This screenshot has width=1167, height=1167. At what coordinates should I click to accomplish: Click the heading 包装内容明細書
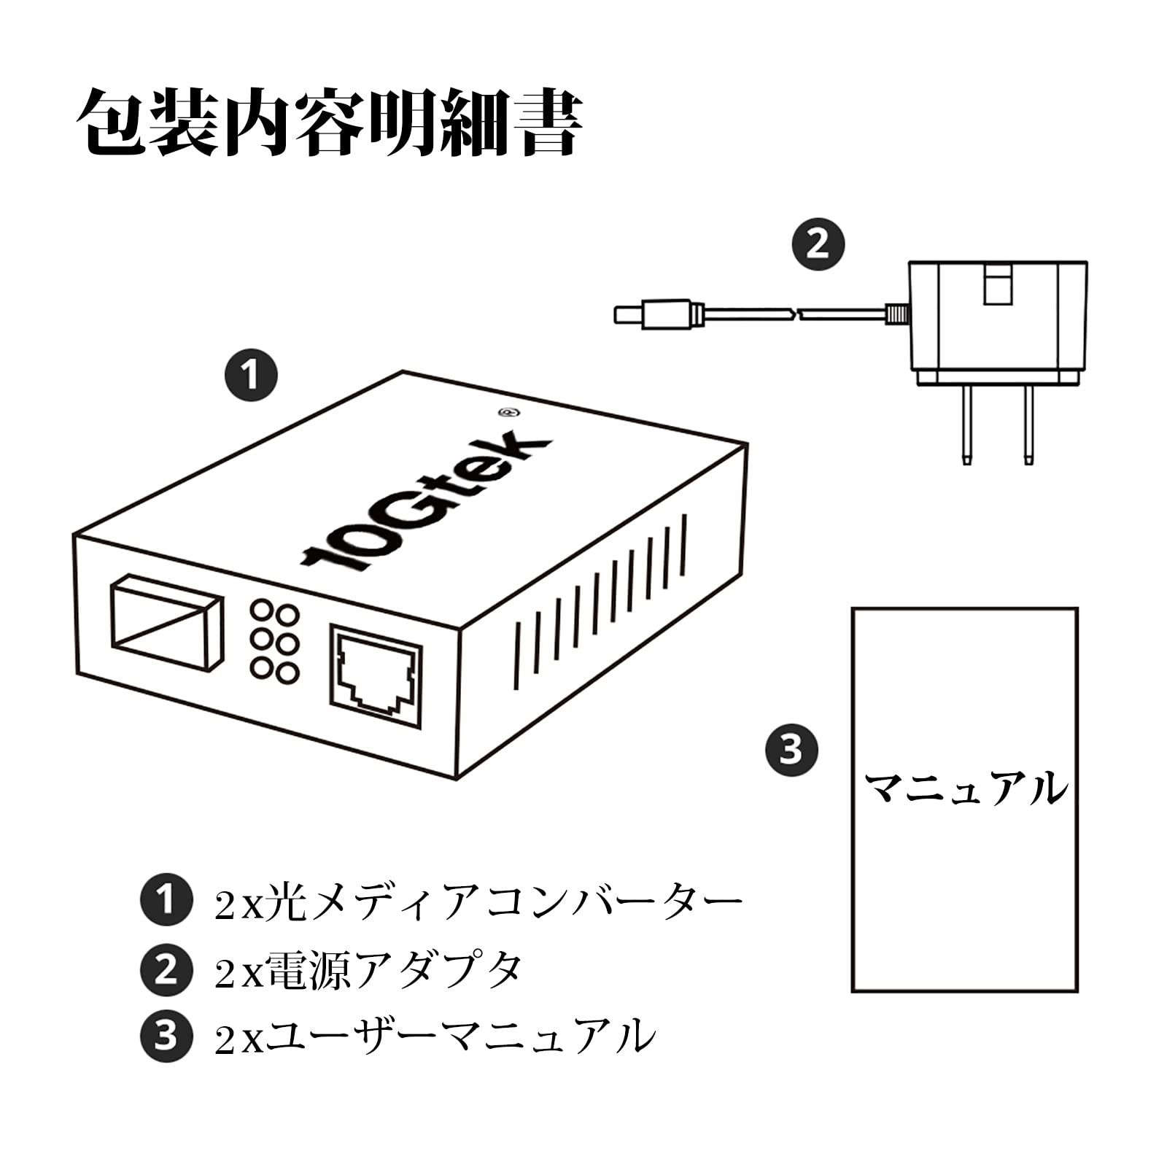coord(330,123)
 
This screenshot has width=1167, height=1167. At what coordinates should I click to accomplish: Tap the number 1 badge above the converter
coord(251,376)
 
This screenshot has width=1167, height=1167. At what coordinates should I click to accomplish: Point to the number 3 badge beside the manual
coord(791,749)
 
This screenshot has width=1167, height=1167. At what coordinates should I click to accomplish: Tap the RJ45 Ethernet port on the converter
coord(376,675)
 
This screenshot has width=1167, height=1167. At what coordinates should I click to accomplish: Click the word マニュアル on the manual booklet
coord(965,788)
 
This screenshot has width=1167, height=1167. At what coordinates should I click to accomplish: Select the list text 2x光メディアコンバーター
coord(478,903)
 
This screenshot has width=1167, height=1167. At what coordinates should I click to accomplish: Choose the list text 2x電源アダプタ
coord(368,971)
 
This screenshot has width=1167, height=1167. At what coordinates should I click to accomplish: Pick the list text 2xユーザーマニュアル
coord(435,1036)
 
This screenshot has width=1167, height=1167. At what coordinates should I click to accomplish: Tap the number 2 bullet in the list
coord(166,969)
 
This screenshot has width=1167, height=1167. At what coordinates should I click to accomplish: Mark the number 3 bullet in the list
coord(166,1036)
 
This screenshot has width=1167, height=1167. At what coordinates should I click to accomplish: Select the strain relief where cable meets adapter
coord(896,314)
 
